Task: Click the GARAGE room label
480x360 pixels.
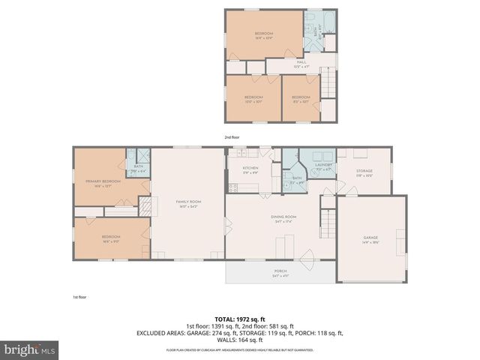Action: pos(371,238)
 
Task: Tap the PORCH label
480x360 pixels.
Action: pos(279,271)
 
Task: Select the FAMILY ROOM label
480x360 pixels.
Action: pos(188,202)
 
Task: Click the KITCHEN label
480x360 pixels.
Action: pos(250,168)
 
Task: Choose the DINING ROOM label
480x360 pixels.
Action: pos(283,217)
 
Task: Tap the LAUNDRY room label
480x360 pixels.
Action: pos(323,165)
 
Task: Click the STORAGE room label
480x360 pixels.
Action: pos(364,172)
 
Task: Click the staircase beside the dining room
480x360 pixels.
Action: pos(327,221)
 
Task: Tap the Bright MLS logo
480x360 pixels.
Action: pos(30,350)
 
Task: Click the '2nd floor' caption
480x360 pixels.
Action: pos(232,137)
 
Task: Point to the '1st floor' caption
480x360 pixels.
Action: pos(79,297)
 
